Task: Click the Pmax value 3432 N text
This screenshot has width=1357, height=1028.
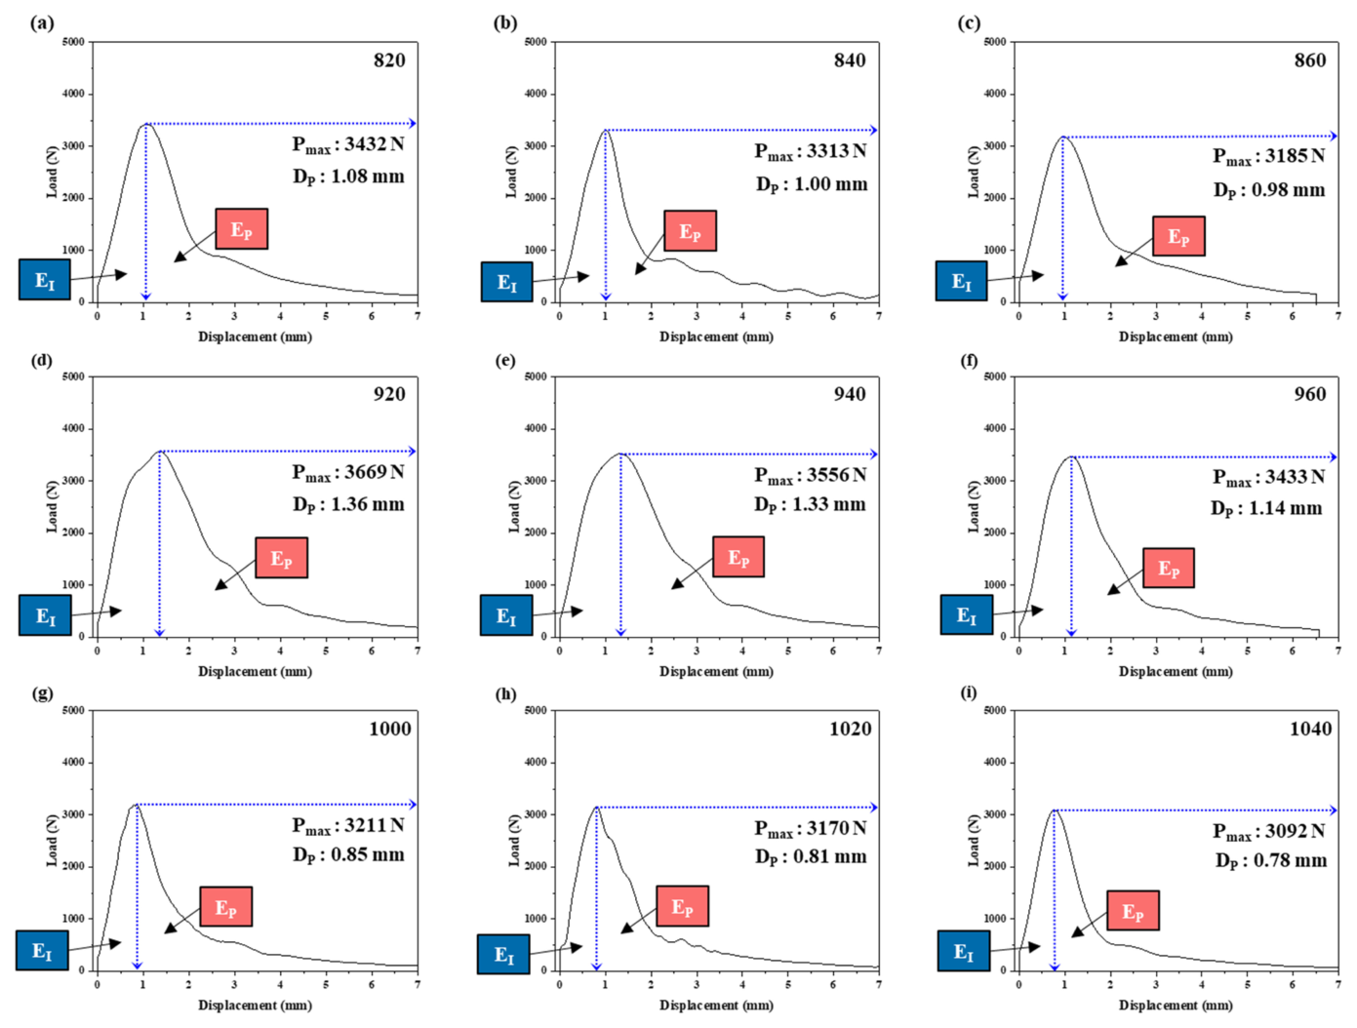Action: (x=348, y=144)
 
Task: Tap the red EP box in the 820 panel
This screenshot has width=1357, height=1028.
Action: (x=241, y=229)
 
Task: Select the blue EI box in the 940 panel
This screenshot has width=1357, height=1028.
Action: (x=506, y=615)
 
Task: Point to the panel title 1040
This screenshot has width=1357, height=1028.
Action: (x=1310, y=729)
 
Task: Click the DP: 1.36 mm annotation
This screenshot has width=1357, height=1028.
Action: (x=348, y=504)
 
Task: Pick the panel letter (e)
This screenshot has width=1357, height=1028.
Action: (x=505, y=360)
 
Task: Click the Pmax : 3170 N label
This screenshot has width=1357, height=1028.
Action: (x=810, y=828)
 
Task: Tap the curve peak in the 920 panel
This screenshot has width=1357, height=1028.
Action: (x=160, y=452)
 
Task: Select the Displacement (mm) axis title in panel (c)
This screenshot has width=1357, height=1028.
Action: (x=1175, y=336)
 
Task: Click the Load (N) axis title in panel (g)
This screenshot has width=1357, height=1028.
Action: (x=52, y=840)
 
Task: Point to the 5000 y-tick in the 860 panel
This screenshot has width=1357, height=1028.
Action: (x=995, y=42)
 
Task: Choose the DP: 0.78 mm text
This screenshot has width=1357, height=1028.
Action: (x=1270, y=860)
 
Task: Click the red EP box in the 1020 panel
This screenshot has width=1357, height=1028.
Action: (x=682, y=907)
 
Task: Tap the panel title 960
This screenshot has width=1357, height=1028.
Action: (x=1309, y=394)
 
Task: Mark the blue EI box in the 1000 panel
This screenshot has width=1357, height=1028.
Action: (x=42, y=951)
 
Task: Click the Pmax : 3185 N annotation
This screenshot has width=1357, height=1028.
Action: (x=1268, y=156)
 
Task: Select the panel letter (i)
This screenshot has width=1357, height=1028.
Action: (x=968, y=692)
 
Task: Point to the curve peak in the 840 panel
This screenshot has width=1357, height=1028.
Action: (x=606, y=130)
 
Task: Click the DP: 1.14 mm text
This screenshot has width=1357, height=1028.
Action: (x=1266, y=508)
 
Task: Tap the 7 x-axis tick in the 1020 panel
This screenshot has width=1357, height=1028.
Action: (x=878, y=984)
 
